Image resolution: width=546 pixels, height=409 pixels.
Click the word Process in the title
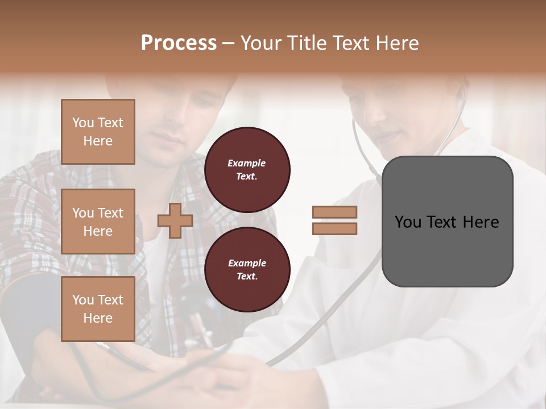(179, 43)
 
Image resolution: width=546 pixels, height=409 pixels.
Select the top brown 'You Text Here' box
(98, 132)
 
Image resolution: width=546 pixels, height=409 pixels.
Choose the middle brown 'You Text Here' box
(98, 222)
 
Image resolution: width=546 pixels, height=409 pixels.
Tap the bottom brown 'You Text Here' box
(98, 308)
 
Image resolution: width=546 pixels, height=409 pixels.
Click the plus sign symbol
(175, 220)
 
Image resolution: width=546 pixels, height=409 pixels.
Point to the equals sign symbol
(334, 220)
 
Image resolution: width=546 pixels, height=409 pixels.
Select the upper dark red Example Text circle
(247, 170)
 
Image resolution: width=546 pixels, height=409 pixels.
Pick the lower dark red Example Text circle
(247, 270)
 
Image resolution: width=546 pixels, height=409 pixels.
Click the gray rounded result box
(447, 222)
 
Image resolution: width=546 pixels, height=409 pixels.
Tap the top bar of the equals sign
(334, 212)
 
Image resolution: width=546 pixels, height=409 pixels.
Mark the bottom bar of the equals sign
(334, 228)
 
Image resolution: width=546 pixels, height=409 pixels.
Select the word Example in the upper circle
(247, 163)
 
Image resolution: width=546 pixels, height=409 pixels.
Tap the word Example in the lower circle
(247, 263)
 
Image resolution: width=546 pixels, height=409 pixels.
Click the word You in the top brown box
(82, 123)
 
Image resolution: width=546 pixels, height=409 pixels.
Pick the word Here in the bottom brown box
(98, 318)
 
